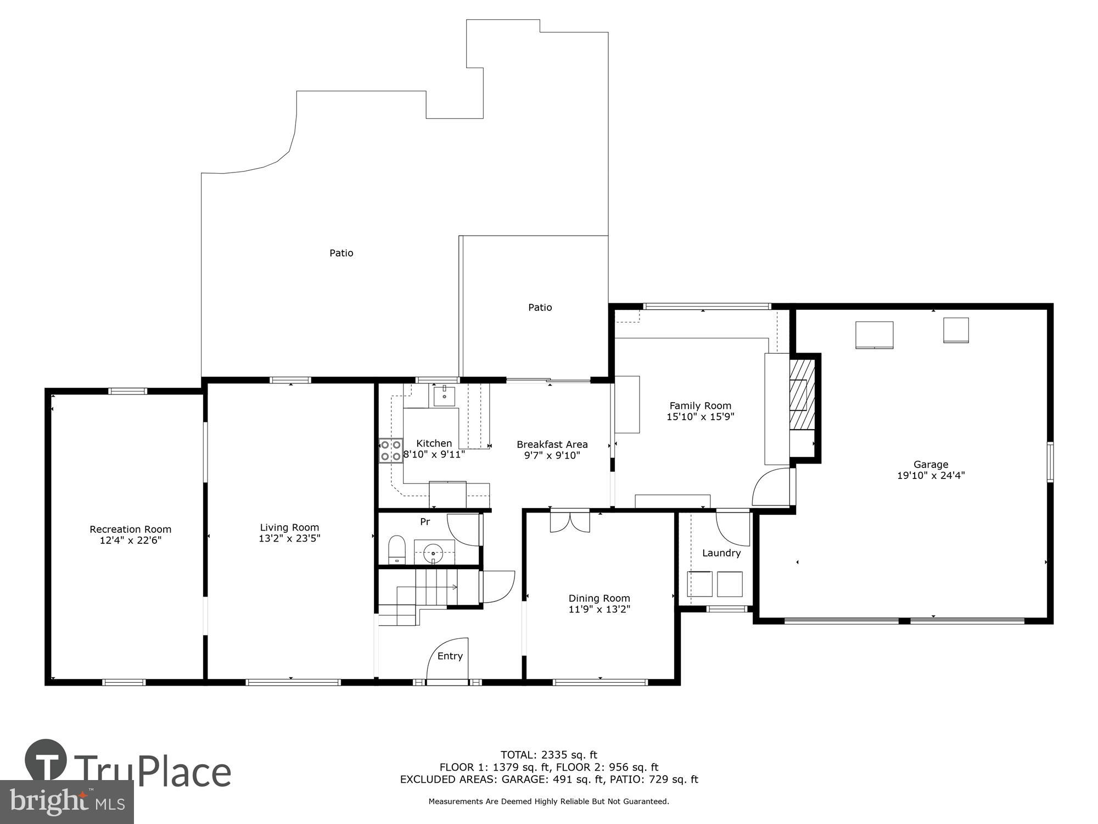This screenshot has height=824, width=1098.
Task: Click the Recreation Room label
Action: pyautogui.click(x=131, y=530)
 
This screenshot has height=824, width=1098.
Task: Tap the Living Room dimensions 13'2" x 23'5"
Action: pyautogui.click(x=289, y=539)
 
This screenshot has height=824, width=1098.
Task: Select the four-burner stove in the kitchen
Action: pyautogui.click(x=390, y=450)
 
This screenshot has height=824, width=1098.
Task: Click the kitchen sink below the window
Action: pyautogui.click(x=444, y=395)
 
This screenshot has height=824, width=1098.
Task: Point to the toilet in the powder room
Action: pyautogui.click(x=396, y=550)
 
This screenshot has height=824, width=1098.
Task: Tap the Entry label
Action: pyautogui.click(x=450, y=656)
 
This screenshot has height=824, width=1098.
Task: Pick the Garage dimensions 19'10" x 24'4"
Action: pyautogui.click(x=931, y=476)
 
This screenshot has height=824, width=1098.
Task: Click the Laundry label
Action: pyautogui.click(x=721, y=553)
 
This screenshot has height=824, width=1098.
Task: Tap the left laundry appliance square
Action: pyautogui.click(x=699, y=584)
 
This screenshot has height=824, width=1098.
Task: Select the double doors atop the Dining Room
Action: pyautogui.click(x=570, y=521)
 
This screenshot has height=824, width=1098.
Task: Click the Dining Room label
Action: pyautogui.click(x=599, y=598)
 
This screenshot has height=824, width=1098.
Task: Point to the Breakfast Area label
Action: pyautogui.click(x=552, y=444)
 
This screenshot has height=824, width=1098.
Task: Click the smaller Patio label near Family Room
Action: pyautogui.click(x=540, y=308)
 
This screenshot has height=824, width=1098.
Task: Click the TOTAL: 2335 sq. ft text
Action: pyautogui.click(x=548, y=755)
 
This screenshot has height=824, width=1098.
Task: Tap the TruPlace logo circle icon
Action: pyautogui.click(x=46, y=761)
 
